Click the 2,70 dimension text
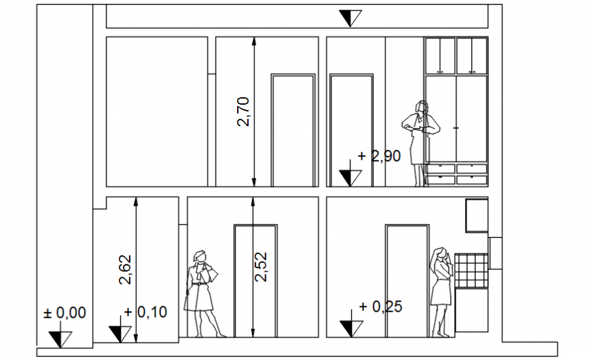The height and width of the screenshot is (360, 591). click(244, 111)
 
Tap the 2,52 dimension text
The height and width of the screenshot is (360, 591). click(262, 266)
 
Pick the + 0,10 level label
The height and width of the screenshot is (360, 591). click(145, 312)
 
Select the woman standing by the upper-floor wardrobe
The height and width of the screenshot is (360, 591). click(420, 141)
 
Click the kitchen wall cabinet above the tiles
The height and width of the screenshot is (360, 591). click(476, 215)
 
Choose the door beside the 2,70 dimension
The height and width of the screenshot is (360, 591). click(293, 129)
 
